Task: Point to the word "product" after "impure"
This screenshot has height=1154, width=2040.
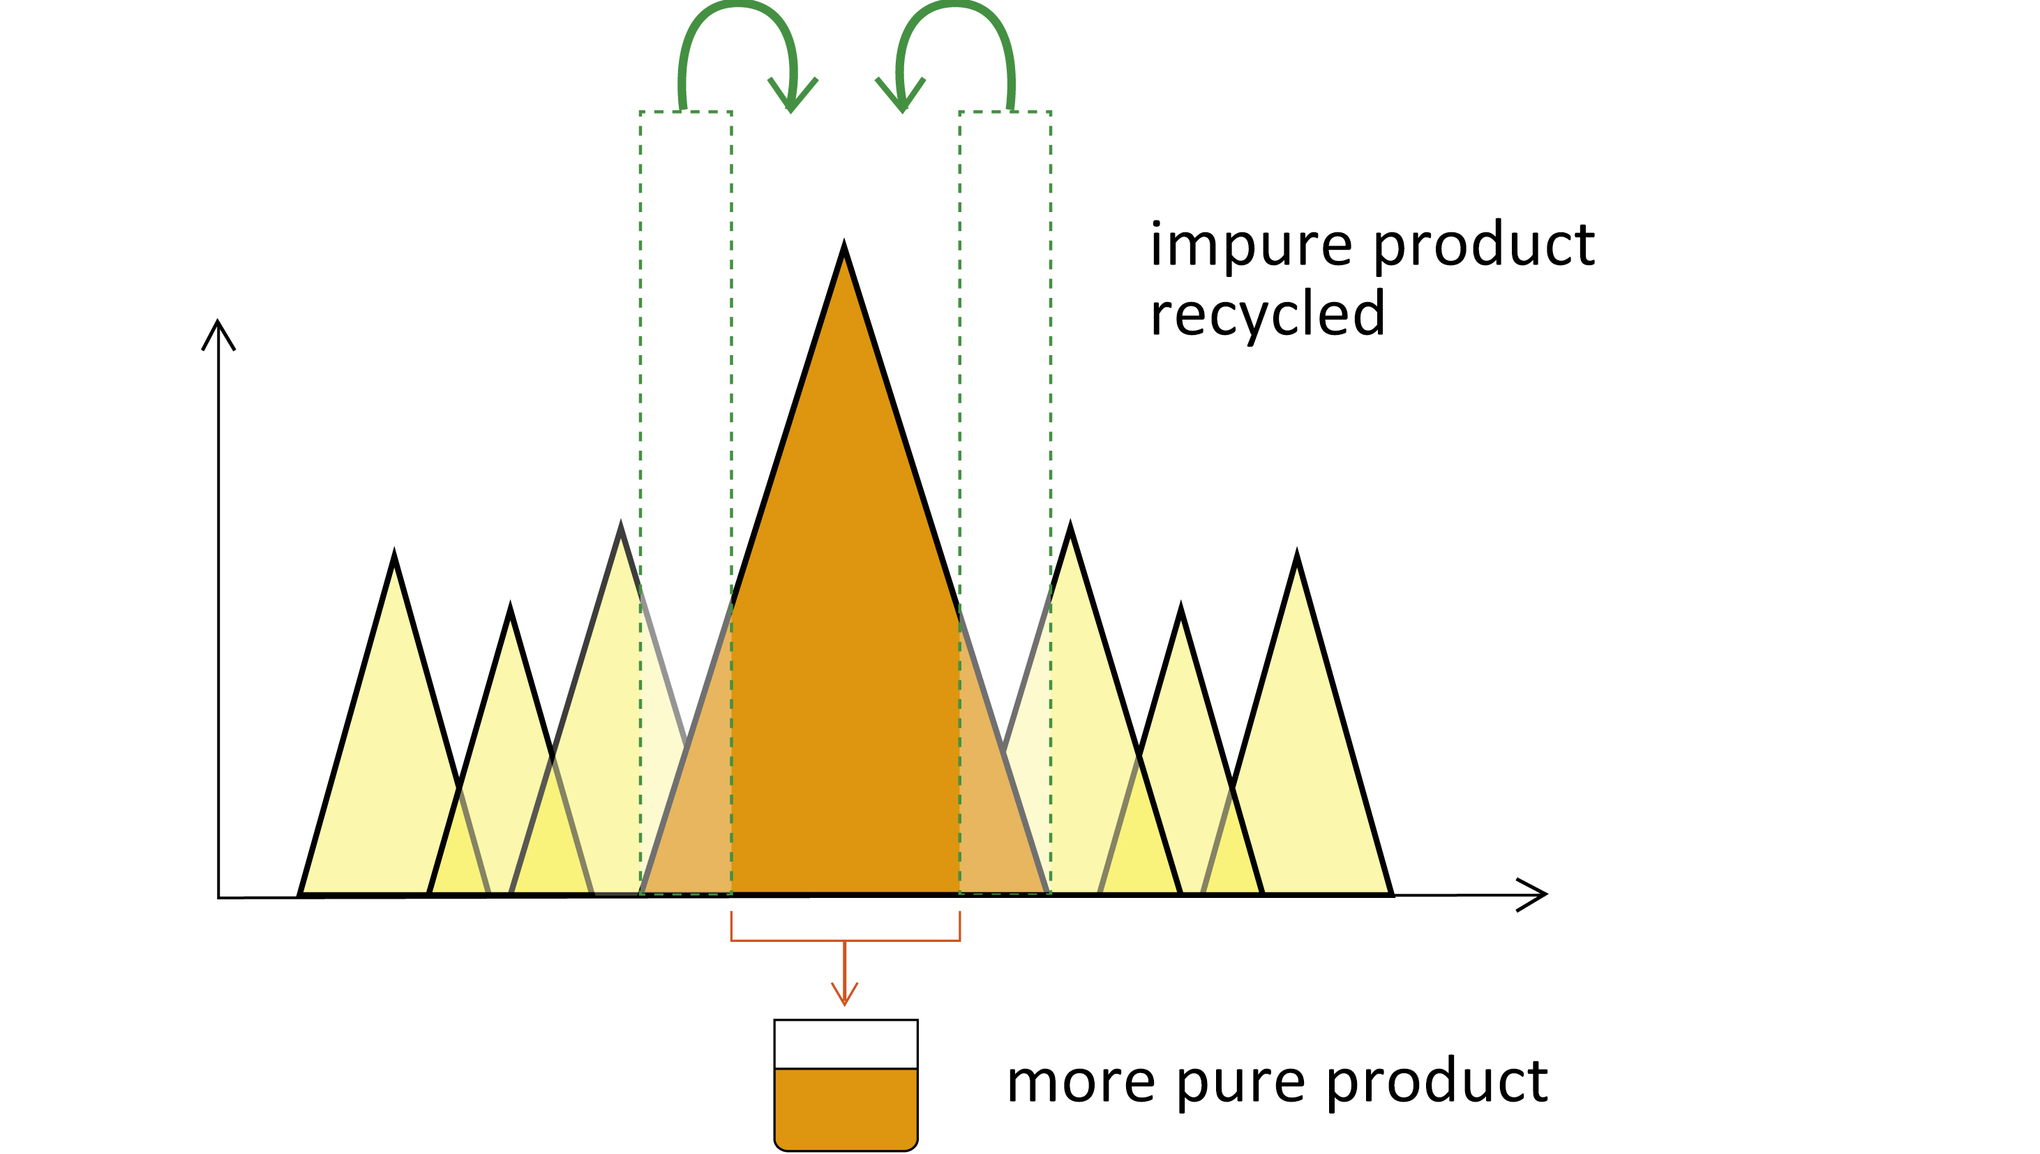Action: [1484, 245]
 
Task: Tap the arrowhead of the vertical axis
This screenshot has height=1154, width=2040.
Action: [218, 331]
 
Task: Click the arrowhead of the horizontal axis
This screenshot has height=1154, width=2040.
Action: [1533, 895]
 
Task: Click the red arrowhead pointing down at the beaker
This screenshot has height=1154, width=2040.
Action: [845, 996]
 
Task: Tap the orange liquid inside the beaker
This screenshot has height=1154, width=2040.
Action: [846, 1108]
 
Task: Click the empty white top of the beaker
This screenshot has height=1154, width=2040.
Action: [846, 1044]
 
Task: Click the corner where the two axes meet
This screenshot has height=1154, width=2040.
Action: [219, 897]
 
